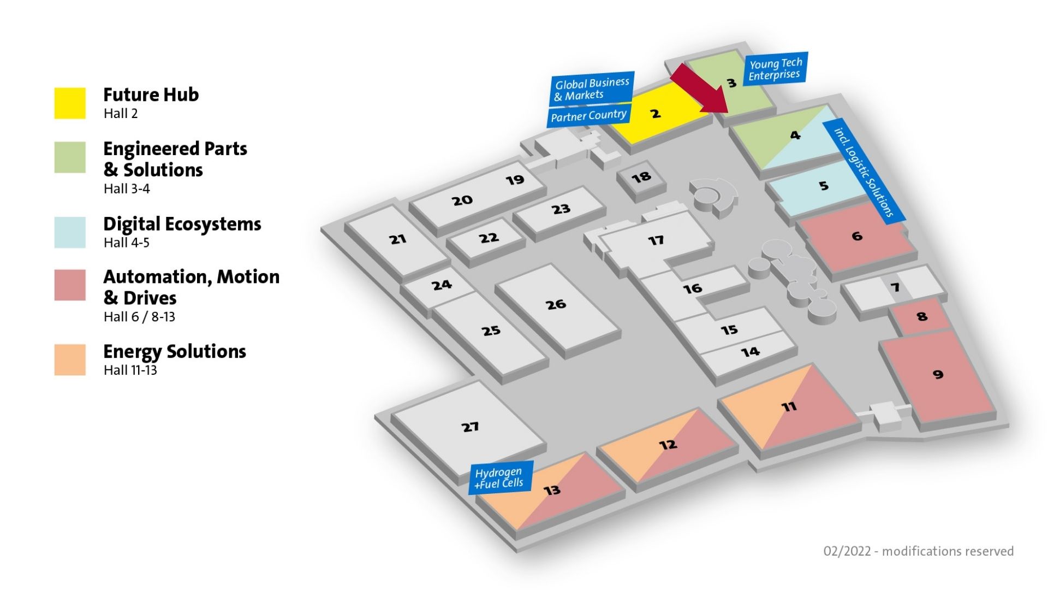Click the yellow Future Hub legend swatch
70,103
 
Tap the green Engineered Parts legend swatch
70,157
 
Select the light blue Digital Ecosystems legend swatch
70,232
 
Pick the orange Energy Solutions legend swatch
70,359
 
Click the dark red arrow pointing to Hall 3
701,89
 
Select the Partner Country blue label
589,116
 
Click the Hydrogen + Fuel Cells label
501,477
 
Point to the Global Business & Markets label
592,89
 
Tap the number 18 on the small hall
641,177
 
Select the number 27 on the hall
470,427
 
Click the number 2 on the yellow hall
656,114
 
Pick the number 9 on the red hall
938,374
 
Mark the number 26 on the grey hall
556,304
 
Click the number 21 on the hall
397,239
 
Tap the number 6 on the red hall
857,236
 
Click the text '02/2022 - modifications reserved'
919,551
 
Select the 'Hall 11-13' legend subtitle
130,370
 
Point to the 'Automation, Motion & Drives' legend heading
192,287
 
